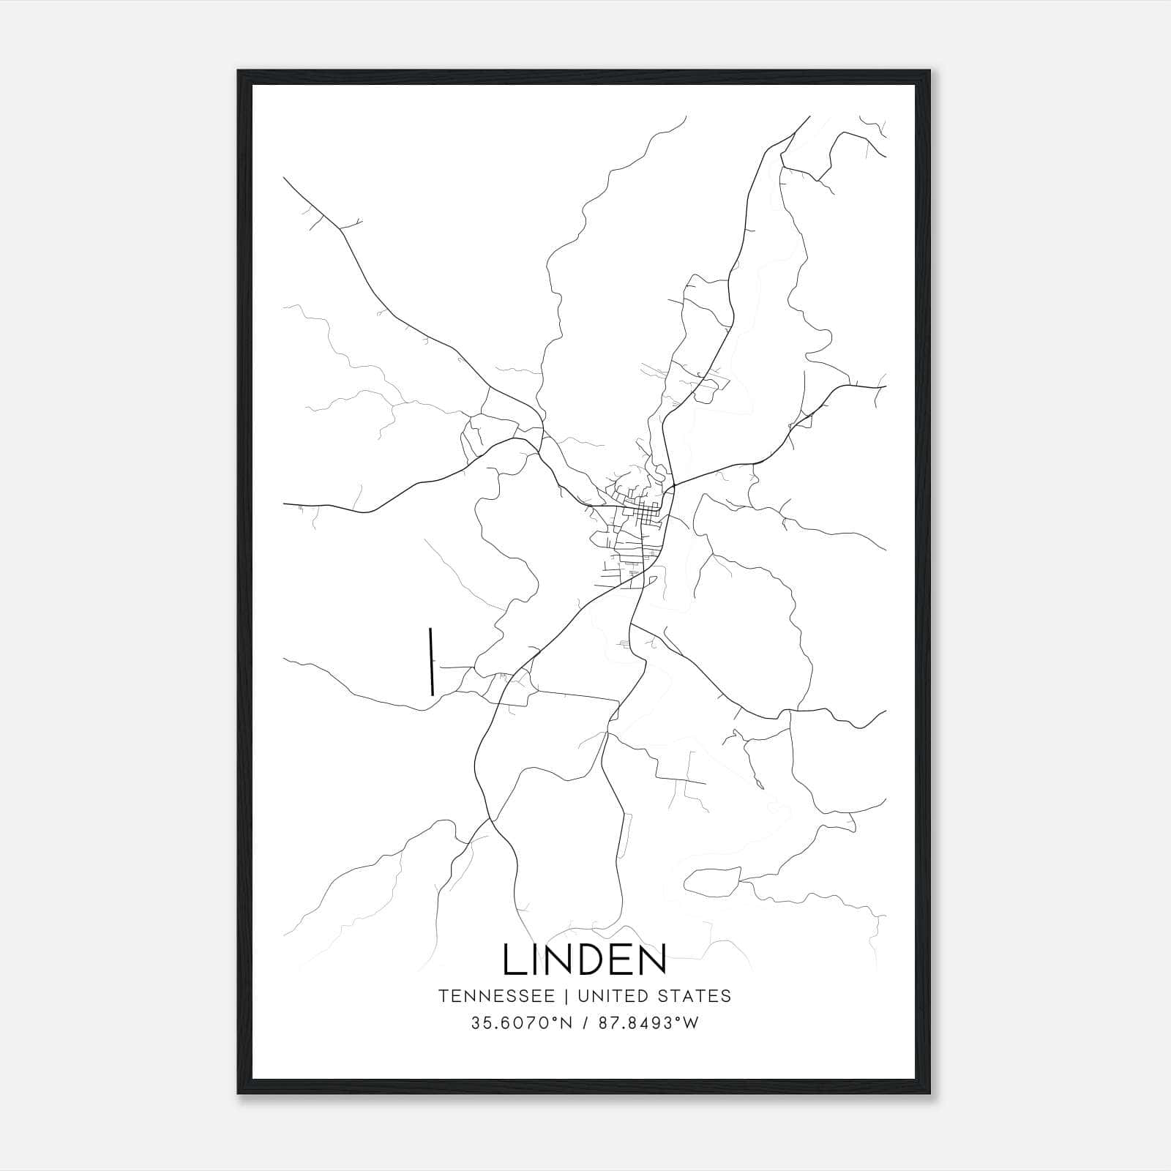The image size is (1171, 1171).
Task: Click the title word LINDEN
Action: click(584, 959)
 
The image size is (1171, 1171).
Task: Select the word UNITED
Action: click(612, 996)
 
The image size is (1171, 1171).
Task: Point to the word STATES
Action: click(693, 996)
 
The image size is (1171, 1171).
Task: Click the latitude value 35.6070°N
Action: click(521, 1023)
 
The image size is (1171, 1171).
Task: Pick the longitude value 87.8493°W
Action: click(647, 1023)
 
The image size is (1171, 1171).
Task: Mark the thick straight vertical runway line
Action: click(432, 661)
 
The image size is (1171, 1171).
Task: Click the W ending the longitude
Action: click(690, 1023)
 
